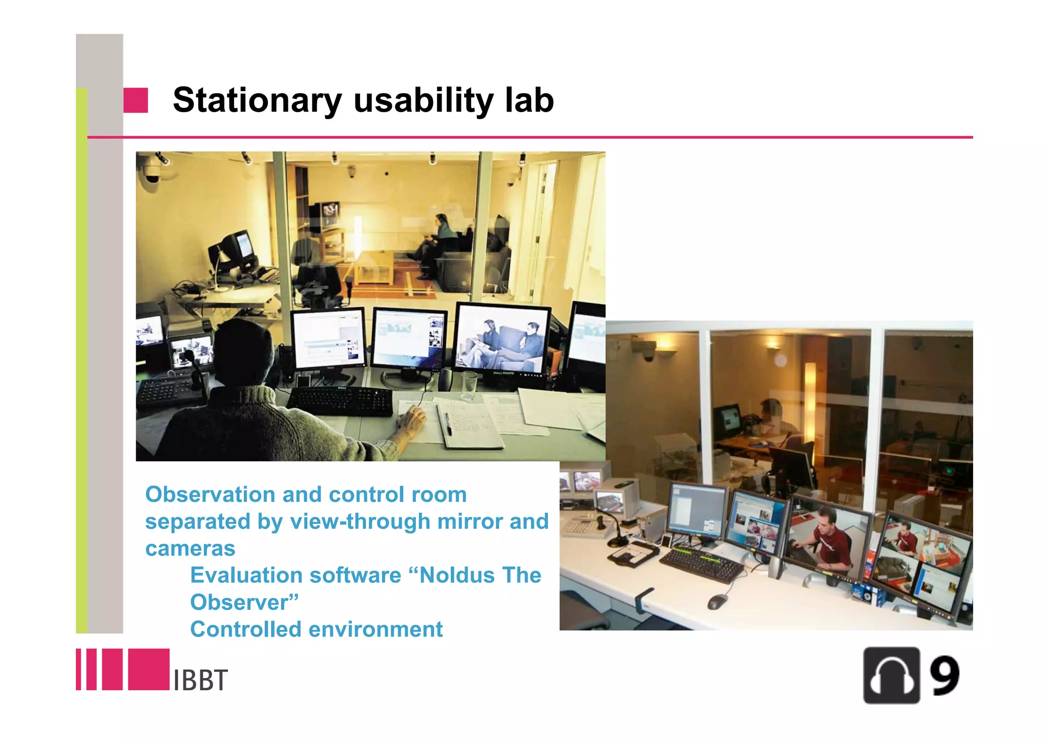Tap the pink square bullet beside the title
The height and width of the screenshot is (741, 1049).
136,100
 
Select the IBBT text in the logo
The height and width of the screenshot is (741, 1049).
200,681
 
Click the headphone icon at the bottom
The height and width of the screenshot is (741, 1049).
891,675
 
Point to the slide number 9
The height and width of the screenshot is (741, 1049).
945,675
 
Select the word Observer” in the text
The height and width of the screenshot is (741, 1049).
244,602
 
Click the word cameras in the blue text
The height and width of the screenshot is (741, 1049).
190,548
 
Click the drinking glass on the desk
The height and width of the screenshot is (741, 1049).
469,385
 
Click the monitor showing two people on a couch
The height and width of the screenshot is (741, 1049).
502,340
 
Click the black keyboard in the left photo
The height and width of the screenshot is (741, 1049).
340,401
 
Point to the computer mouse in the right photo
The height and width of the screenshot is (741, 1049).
717,601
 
